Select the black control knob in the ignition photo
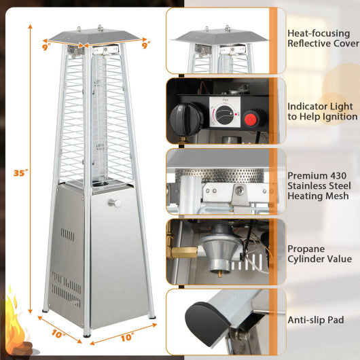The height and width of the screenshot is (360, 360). click(185, 118)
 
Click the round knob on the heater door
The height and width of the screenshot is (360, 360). click(113, 202)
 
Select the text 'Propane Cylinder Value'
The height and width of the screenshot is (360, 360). click(320, 253)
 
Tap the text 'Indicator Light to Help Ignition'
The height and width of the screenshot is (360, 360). click(321, 111)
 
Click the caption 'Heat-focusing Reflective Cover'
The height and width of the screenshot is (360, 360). click(323, 38)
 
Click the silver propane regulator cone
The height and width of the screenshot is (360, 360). click(221, 251)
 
